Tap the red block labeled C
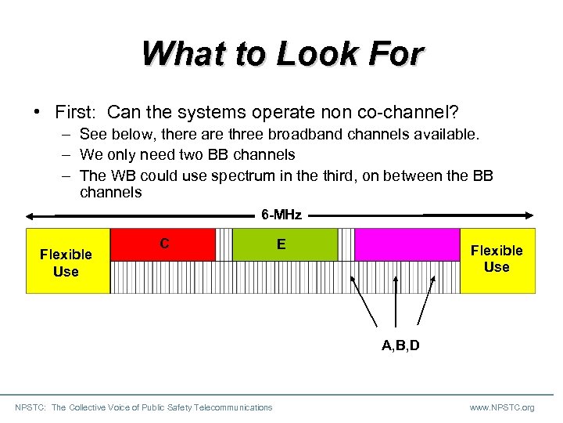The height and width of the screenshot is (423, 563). (x=163, y=244)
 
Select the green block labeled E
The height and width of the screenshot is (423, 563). (x=285, y=244)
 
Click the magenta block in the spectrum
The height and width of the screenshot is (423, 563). (x=407, y=244)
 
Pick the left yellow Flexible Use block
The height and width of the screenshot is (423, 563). (x=67, y=262)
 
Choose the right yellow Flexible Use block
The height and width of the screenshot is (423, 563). (x=497, y=258)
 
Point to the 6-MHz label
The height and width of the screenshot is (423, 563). (x=281, y=214)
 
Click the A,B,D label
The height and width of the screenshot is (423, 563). (x=400, y=345)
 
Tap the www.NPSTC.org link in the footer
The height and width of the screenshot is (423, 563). (x=502, y=407)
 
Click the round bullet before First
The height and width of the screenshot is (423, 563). (x=37, y=110)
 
